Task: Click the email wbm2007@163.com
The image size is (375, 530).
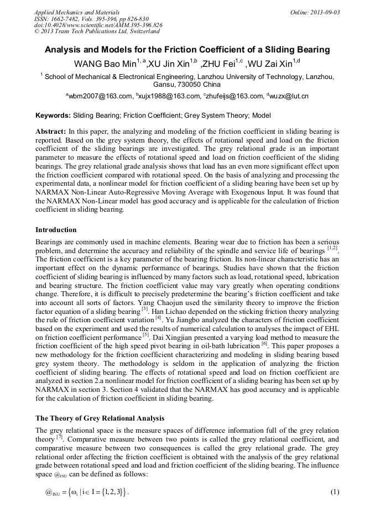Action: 100,96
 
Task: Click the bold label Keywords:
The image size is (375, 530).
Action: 53,116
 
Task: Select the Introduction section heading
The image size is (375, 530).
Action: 56,229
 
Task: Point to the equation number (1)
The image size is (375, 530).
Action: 334,492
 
